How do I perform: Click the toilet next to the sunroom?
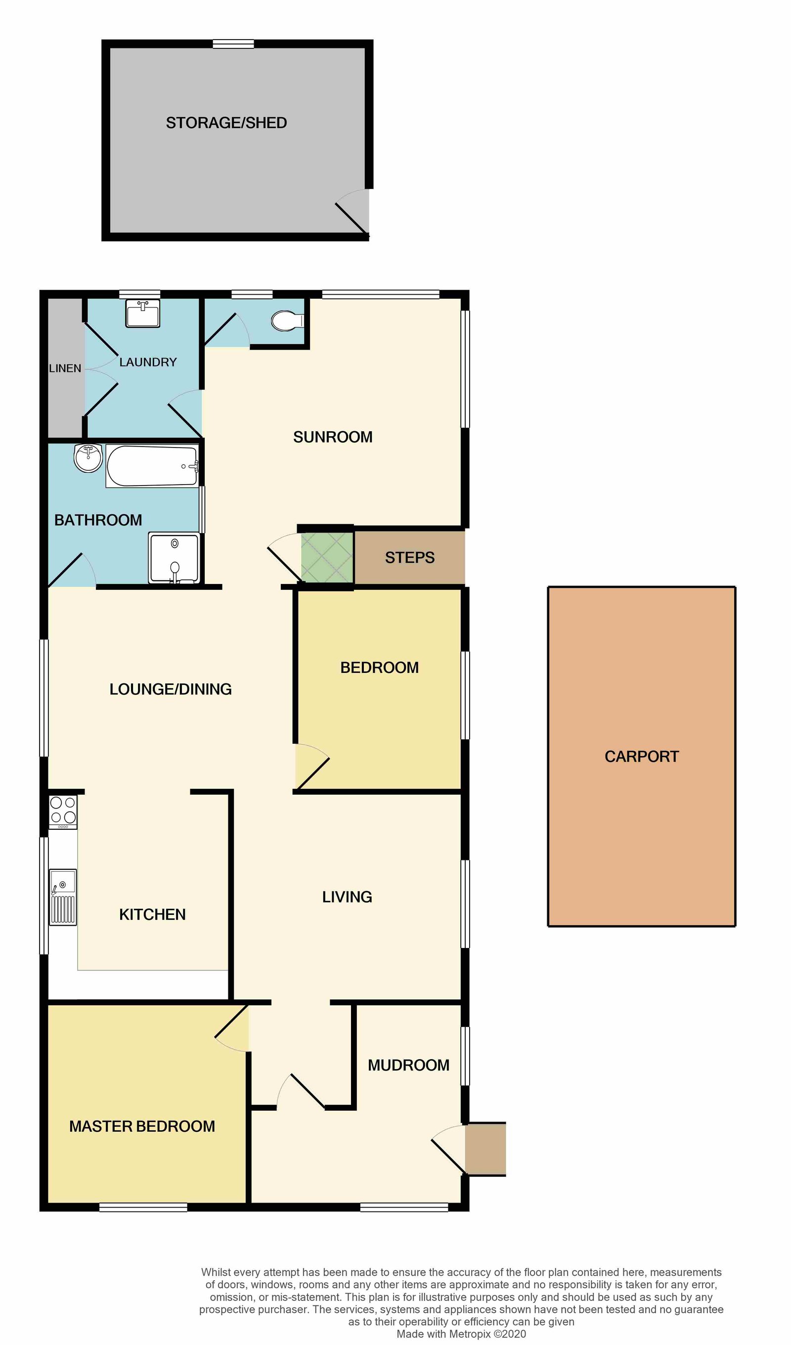287,321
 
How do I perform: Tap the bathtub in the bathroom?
152,466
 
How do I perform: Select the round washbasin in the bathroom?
88,458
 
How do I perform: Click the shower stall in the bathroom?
175,557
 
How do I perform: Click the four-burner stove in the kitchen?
63,811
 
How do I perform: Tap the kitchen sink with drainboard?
63,897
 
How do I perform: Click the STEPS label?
409,558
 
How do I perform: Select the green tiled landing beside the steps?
327,557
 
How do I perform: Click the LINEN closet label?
65,368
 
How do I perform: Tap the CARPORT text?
642,756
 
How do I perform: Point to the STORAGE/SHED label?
226,123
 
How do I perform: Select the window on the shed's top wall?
233,44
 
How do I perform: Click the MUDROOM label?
408,1065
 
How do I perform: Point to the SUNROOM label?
333,437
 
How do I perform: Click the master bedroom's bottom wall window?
143,1208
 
